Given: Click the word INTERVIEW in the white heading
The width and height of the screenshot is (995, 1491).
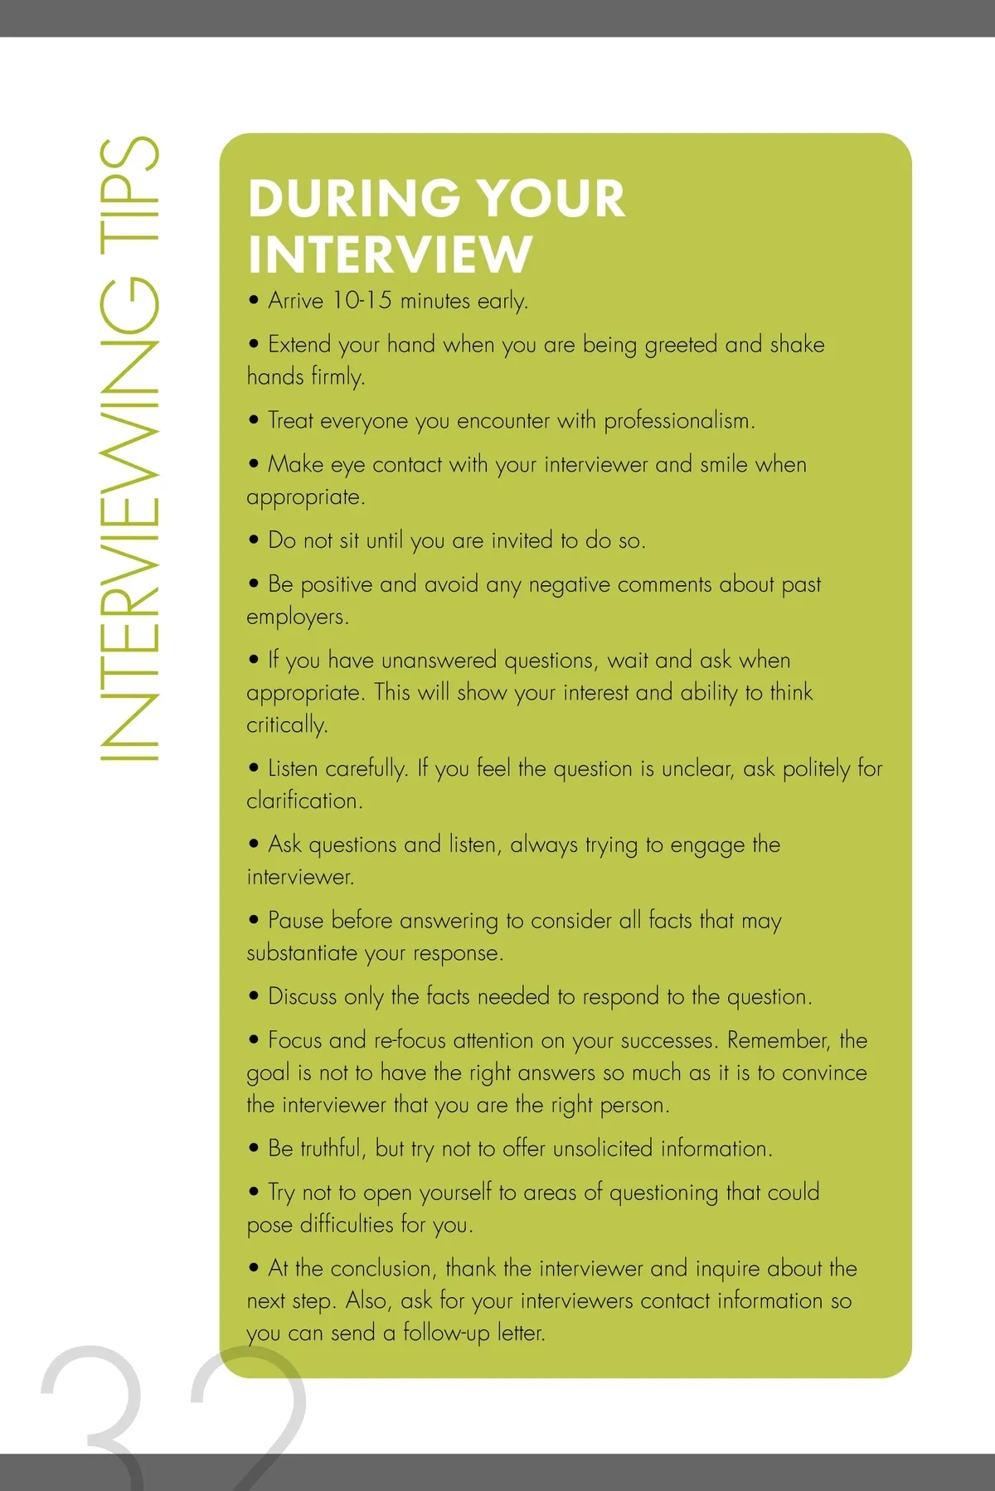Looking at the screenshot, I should [x=390, y=254].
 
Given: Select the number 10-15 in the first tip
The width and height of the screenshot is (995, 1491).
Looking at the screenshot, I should [x=362, y=300].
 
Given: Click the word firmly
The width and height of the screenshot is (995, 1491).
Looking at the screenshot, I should [x=337, y=377].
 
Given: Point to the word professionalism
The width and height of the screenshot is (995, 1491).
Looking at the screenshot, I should [x=678, y=421].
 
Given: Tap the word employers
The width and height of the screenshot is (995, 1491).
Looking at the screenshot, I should [x=297, y=617].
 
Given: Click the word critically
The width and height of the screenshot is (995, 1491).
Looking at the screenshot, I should [x=286, y=725].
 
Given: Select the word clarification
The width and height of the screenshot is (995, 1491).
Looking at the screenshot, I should [x=304, y=801].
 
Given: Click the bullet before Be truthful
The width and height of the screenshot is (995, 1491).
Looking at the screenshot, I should [x=254, y=1149].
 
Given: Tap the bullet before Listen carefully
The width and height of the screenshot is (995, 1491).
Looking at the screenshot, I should [x=254, y=768].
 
